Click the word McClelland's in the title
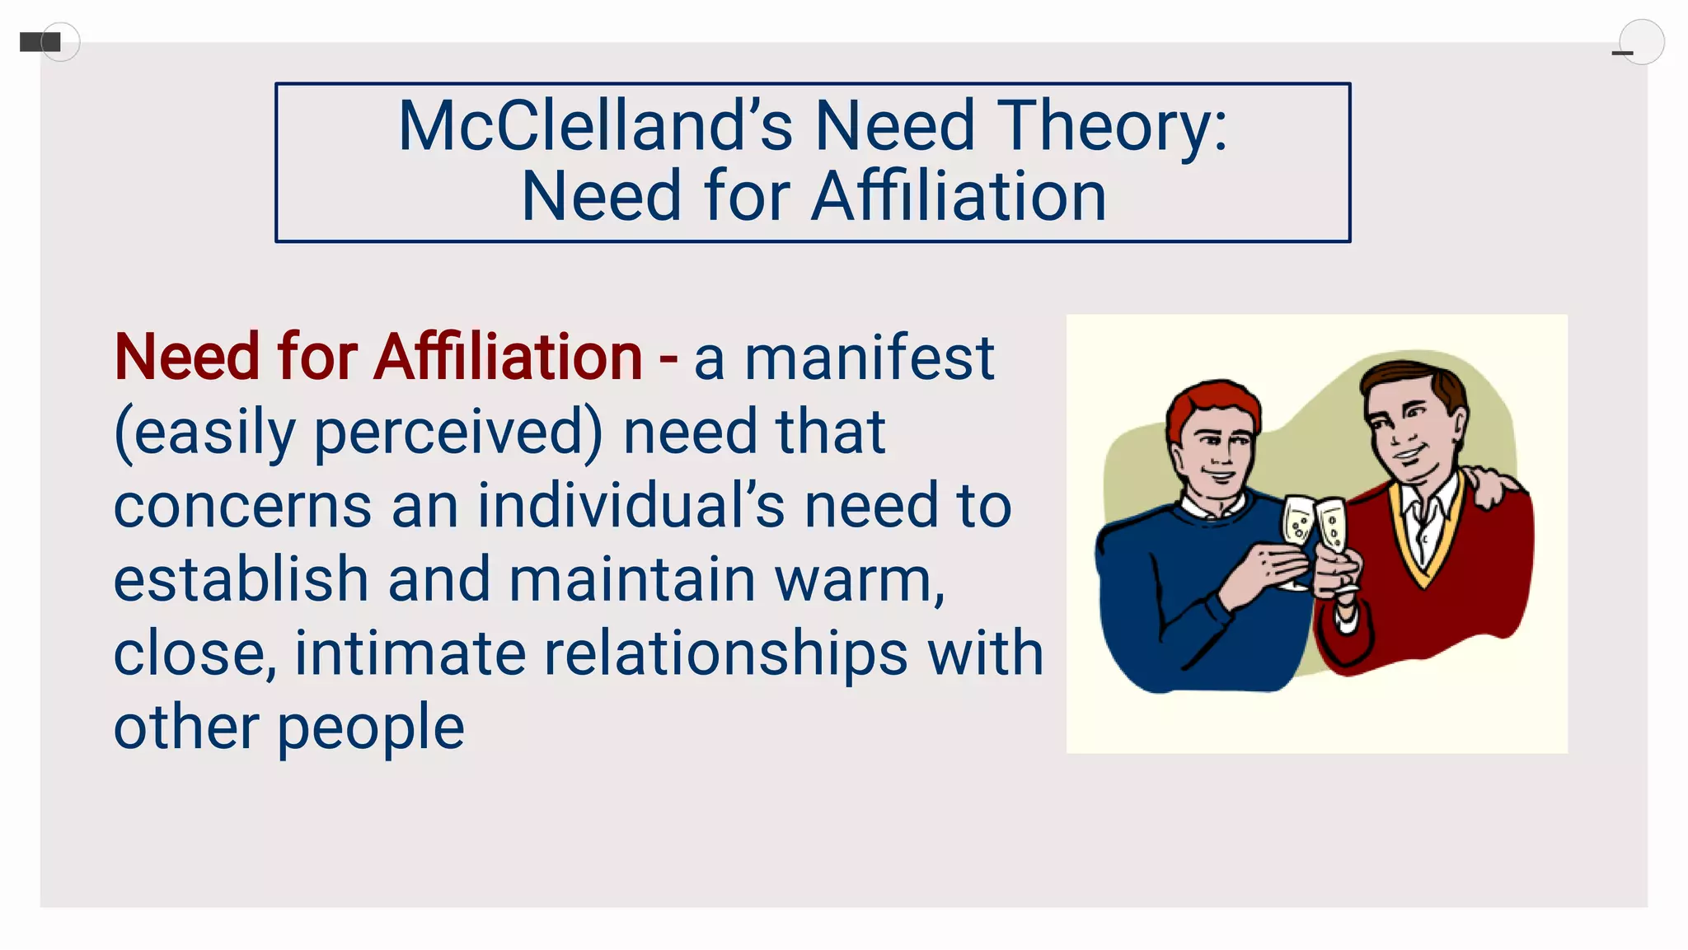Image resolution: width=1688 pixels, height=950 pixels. click(x=594, y=126)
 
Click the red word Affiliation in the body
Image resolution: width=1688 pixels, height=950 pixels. click(x=509, y=358)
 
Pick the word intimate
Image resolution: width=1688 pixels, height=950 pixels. click(x=410, y=653)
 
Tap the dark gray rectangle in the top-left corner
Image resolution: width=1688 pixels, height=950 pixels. click(x=40, y=41)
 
